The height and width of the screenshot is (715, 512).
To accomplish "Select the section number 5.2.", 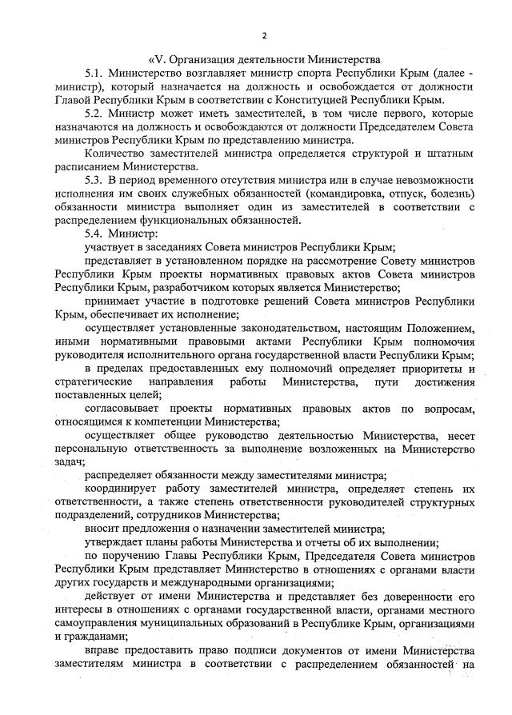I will point(96,114).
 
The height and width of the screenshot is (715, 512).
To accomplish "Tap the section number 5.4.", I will point(96,234).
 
